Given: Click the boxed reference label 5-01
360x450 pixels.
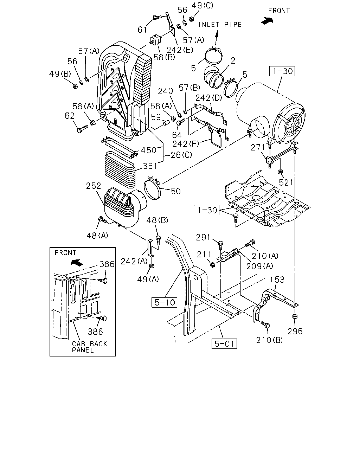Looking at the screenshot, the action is [224, 344].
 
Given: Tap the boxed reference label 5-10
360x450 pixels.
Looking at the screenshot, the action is [164, 302].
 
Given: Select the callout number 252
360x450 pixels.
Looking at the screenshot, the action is [94, 186].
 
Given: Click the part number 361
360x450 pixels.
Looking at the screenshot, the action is [150, 166].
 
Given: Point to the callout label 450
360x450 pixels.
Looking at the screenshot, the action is [148, 150].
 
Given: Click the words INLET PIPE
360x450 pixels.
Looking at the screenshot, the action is [220, 25].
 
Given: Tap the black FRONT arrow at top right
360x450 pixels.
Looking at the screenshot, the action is [267, 20].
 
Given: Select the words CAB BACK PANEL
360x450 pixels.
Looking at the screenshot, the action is [89, 347].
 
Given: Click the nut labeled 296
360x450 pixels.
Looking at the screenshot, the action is [295, 316].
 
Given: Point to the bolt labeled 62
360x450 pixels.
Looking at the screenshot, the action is [83, 129].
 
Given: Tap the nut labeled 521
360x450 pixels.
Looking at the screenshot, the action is [280, 172].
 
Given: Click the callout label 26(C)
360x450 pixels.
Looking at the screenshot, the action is [181, 155].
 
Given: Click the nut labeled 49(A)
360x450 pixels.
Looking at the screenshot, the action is [152, 266].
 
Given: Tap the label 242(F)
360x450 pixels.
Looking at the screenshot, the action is [186, 144].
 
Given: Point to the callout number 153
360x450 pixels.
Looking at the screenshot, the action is [277, 280].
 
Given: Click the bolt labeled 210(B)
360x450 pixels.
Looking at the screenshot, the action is [265, 324].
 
